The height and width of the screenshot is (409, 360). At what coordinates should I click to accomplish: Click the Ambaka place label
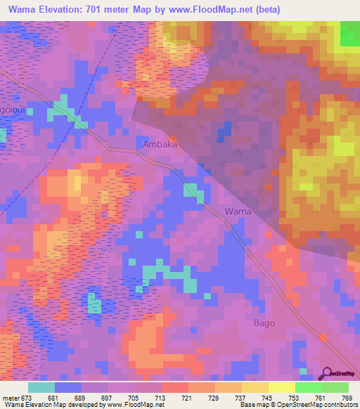click(x=160, y=144)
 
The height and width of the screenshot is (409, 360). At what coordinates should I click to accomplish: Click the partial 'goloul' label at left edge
click(x=12, y=112)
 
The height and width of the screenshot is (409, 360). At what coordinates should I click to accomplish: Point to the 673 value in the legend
click(x=27, y=397)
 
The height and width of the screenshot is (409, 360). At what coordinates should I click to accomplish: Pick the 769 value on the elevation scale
click(x=347, y=397)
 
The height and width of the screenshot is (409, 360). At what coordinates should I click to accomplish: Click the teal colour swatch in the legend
click(x=41, y=387)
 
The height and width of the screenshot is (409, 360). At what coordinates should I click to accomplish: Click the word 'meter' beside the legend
click(x=10, y=397)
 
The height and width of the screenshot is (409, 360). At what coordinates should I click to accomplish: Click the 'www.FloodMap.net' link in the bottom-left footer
click(x=134, y=405)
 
